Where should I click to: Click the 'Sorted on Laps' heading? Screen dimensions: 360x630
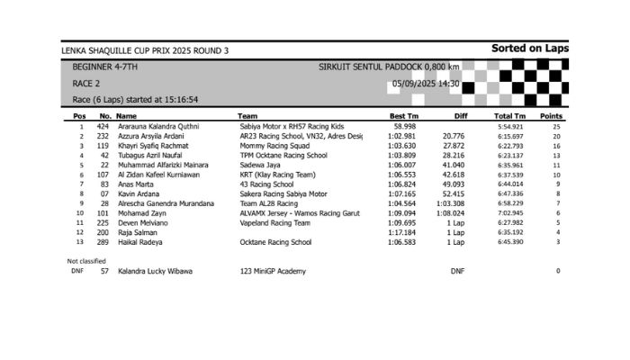[x=530, y=49]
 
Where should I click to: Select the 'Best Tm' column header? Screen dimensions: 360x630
[x=404, y=116]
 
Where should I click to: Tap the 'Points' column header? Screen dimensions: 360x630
[x=551, y=116]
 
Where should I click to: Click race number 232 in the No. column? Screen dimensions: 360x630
[x=103, y=137]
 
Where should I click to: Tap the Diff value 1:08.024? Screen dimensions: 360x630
[x=453, y=213]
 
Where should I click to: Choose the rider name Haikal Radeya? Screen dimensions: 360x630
[x=140, y=242]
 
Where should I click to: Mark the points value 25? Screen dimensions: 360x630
[x=557, y=127]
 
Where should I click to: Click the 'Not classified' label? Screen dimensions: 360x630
[x=86, y=261]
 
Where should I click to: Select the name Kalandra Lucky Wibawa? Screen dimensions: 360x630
[x=154, y=271]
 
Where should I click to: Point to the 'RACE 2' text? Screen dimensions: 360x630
[x=85, y=84]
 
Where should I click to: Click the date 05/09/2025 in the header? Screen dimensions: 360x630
[x=417, y=84]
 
